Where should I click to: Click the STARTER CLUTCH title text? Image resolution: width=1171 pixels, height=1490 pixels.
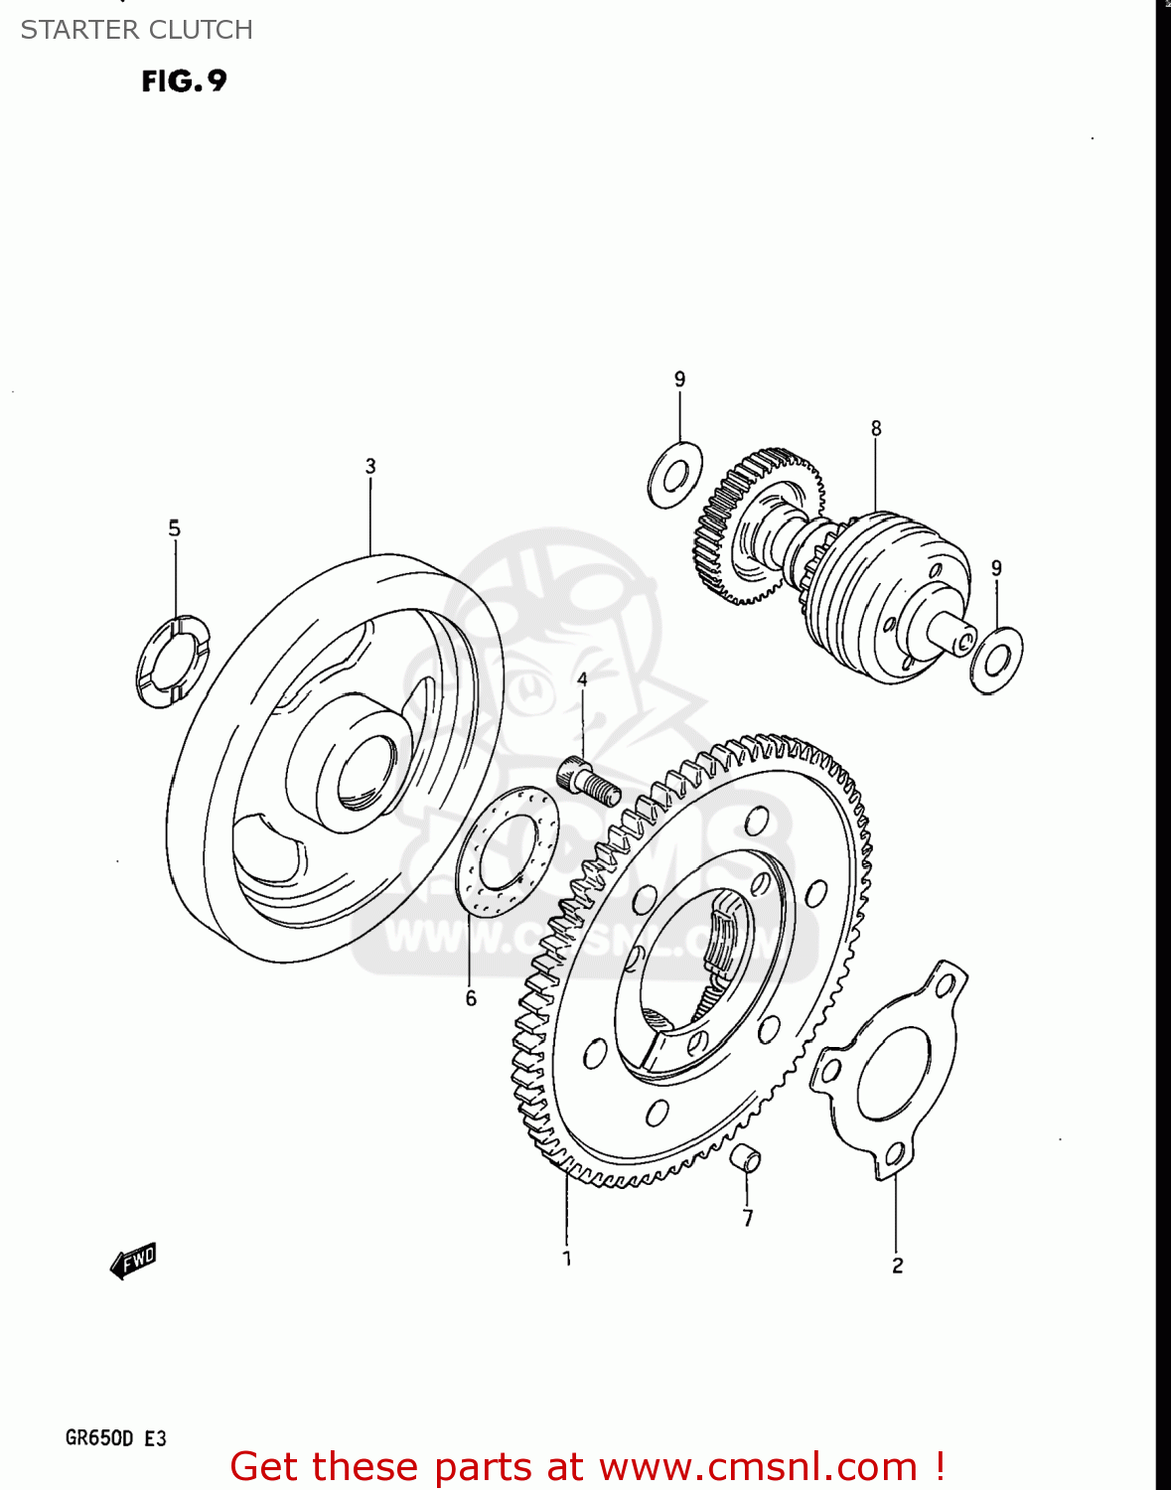click(x=136, y=30)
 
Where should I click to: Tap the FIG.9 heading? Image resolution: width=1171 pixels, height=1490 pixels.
click(x=184, y=80)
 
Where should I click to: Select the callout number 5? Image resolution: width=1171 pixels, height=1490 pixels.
click(x=175, y=528)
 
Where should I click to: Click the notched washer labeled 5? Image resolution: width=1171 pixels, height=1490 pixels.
click(x=173, y=663)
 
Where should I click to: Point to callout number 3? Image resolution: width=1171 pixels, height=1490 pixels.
click(x=370, y=466)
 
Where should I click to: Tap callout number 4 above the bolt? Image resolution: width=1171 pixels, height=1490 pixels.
click(x=582, y=679)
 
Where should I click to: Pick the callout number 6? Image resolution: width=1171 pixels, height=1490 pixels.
click(x=471, y=998)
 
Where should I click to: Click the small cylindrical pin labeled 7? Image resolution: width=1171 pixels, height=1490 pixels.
click(x=747, y=1158)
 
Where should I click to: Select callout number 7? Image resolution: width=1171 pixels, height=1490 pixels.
click(x=748, y=1218)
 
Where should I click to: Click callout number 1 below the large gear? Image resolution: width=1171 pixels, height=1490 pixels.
click(x=567, y=1259)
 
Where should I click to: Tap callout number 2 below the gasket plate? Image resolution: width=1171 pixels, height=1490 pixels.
click(x=897, y=1266)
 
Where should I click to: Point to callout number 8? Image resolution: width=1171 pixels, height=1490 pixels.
click(x=876, y=428)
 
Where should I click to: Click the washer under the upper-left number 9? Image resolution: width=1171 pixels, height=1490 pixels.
click(x=675, y=475)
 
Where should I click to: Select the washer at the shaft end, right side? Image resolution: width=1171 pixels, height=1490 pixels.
click(x=996, y=659)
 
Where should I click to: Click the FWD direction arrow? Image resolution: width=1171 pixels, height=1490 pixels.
click(x=133, y=1261)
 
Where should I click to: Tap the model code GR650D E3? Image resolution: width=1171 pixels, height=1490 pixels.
click(x=116, y=1438)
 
